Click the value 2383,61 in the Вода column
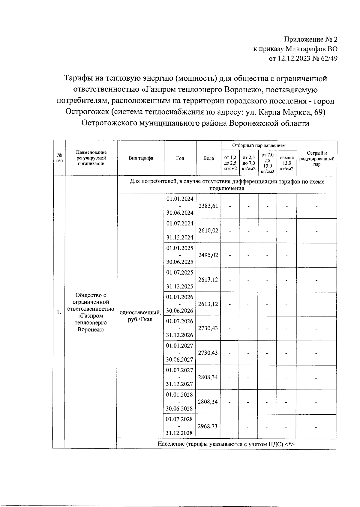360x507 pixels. [x=208, y=206]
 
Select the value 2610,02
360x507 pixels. [x=208, y=231]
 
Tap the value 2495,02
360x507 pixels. [x=208, y=255]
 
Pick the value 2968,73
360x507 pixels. [x=208, y=426]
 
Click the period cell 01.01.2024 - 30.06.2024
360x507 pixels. [x=180, y=206]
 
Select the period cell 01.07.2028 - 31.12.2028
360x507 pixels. [x=179, y=426]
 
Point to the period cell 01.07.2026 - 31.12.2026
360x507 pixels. [x=180, y=328]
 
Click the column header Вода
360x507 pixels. [x=208, y=158]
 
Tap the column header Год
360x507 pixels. [x=180, y=158]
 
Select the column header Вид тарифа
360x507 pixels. [x=141, y=158]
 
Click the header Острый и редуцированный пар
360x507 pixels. [x=317, y=159]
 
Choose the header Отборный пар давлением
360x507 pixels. [x=259, y=145]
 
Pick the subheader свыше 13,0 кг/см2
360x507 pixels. [x=287, y=163]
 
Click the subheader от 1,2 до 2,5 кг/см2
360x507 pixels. [x=230, y=163]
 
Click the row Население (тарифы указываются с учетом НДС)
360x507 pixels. [x=226, y=444]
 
